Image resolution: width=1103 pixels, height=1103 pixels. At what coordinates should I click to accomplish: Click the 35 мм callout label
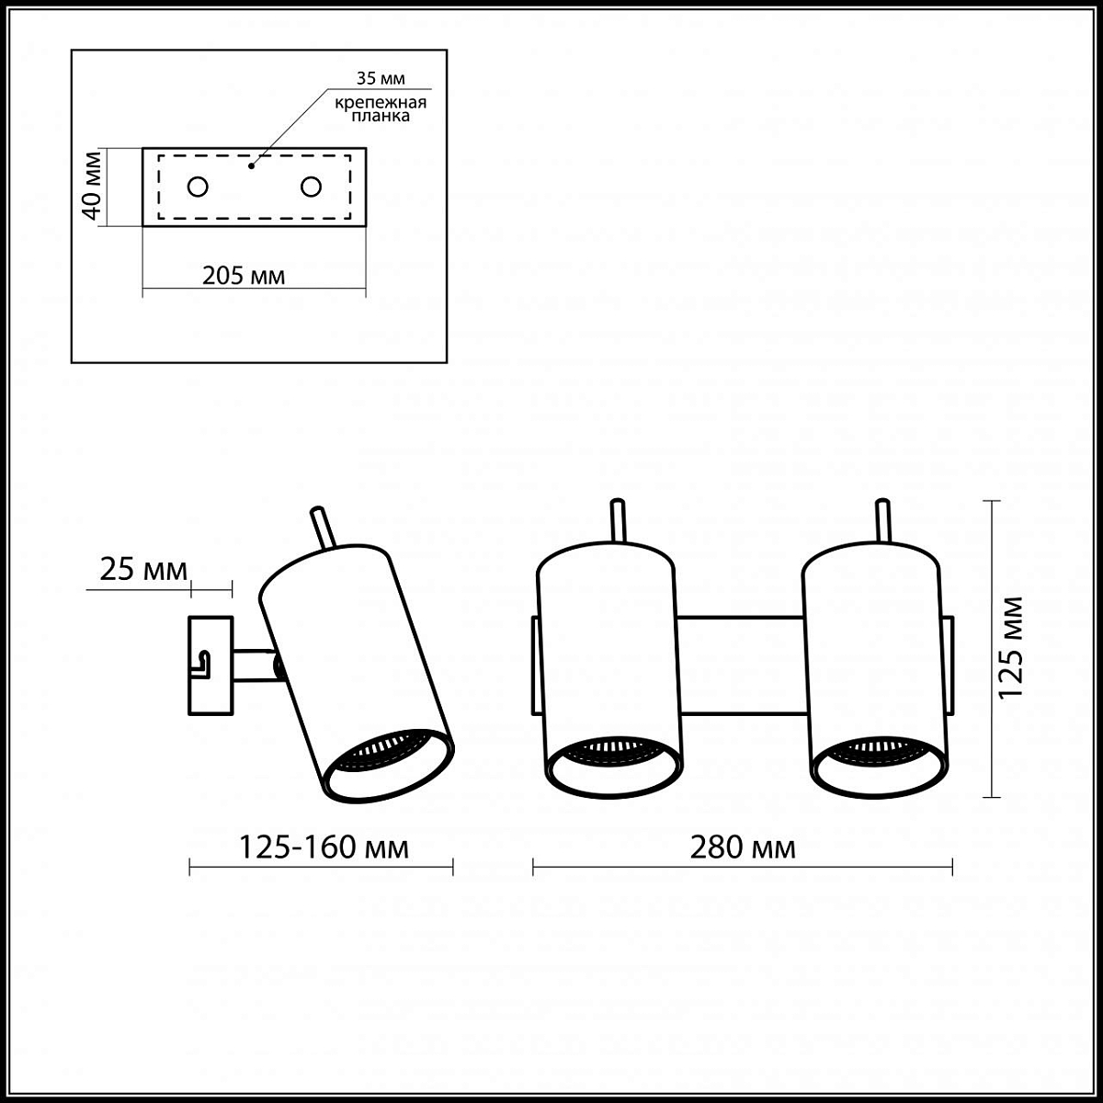tap(381, 78)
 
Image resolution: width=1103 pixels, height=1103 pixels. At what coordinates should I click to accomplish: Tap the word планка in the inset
tap(381, 116)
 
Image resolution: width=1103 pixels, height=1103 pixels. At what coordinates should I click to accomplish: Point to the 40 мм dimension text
tap(92, 186)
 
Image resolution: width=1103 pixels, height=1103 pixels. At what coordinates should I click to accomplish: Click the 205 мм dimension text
tap(244, 276)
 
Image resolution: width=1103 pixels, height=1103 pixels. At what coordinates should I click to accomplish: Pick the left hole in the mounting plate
tap(198, 187)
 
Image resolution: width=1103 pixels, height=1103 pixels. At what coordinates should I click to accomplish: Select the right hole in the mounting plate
tap(311, 187)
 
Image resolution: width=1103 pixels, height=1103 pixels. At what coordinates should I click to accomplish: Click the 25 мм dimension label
tap(143, 570)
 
